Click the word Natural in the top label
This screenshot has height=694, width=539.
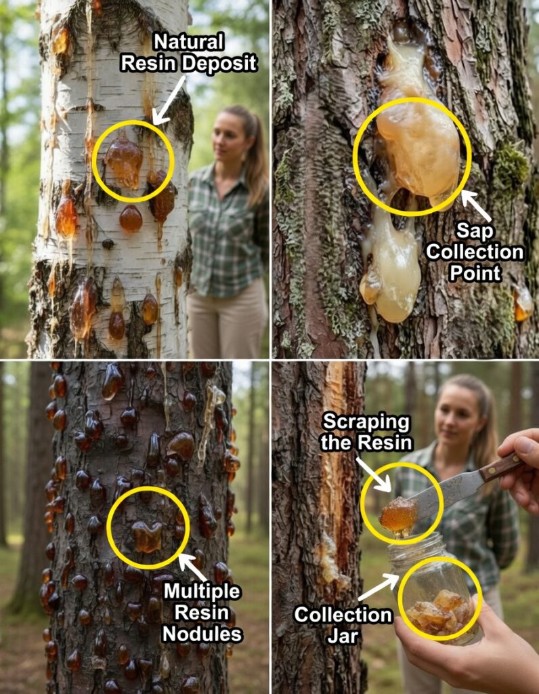(x=189, y=43)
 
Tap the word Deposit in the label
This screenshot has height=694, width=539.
(x=219, y=63)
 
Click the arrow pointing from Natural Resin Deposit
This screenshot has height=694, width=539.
(x=168, y=100)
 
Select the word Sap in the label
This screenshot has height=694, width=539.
(x=475, y=230)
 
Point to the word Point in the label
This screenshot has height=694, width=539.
(x=475, y=272)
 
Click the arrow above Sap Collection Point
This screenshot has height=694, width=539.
(x=476, y=205)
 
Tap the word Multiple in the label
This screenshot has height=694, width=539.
(x=202, y=591)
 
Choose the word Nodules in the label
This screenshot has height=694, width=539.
(x=202, y=634)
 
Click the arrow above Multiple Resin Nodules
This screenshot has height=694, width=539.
(x=192, y=567)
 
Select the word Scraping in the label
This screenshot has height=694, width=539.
(x=366, y=422)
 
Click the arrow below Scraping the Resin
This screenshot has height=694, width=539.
(x=374, y=474)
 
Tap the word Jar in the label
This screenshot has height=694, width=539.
(x=342, y=636)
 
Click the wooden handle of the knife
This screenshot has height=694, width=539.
(x=500, y=466)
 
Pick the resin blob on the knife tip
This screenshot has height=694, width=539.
(x=398, y=515)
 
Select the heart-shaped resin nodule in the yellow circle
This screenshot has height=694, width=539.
(x=147, y=536)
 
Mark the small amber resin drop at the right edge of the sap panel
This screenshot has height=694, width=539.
(x=523, y=304)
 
